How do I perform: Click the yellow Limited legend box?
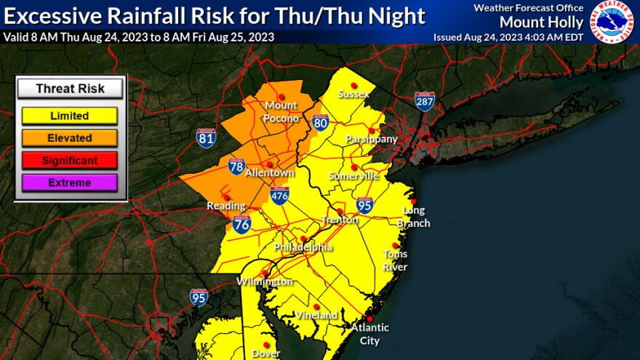coord(70,115)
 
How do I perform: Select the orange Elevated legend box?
coord(70,137)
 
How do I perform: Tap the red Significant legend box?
coord(70,160)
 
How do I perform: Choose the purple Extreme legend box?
coord(70,183)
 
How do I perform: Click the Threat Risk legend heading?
coord(70,89)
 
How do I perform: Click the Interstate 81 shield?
coord(206,138)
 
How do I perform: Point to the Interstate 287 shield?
coord(425,101)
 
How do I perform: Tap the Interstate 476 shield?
coord(280,195)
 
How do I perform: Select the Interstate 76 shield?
coord(242,223)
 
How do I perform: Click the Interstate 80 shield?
coord(320,123)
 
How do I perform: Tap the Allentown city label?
coord(270,173)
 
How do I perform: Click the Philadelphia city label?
coord(303,247)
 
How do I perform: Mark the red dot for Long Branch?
coord(413,201)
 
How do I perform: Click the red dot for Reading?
coord(226,196)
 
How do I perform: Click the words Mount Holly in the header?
coord(541,22)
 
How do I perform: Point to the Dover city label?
coord(266,354)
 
